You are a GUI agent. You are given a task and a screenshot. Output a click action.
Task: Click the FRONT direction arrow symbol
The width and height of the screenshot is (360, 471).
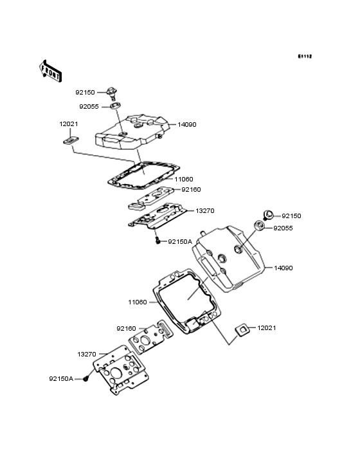(50, 71)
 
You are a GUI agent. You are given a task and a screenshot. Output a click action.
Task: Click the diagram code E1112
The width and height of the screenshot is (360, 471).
(305, 56)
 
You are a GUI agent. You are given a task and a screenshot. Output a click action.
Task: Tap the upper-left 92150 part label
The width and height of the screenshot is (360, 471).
(85, 93)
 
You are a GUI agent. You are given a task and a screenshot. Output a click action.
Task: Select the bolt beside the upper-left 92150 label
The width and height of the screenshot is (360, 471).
(112, 93)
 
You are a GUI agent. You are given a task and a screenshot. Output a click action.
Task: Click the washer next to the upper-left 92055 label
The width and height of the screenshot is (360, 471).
(115, 106)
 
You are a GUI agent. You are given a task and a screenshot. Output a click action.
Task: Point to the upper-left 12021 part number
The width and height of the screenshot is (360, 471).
(69, 124)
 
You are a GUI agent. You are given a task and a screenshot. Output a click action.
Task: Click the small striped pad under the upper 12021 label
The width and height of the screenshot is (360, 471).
(71, 140)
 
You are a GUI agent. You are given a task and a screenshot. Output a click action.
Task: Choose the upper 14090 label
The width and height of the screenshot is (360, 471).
(187, 125)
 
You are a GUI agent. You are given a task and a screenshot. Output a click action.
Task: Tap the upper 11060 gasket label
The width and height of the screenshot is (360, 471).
(184, 180)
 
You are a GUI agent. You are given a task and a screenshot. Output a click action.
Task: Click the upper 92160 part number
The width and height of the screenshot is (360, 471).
(191, 190)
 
